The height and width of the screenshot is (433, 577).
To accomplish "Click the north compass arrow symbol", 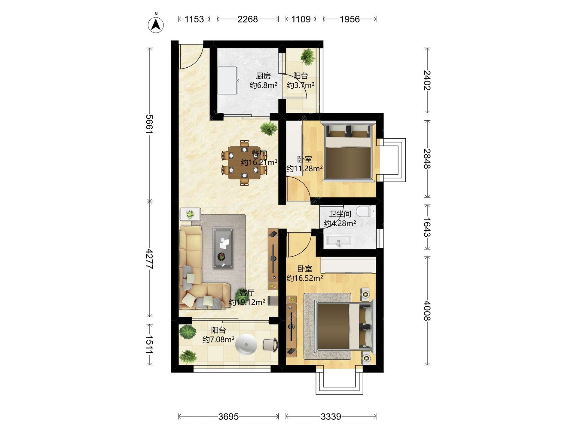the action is click(x=156, y=23).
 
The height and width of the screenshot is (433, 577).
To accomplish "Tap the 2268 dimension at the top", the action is click(x=247, y=19).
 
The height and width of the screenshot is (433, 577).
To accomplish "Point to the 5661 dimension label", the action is click(x=149, y=124).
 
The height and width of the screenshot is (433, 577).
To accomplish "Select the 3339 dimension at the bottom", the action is click(x=331, y=416).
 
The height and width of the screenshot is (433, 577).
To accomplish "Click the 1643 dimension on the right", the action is click(x=427, y=227).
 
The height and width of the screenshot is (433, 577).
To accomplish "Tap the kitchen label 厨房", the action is click(x=263, y=76).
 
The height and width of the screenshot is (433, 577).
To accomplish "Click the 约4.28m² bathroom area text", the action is click(x=340, y=223).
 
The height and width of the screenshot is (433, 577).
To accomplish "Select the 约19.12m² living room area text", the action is click(x=247, y=302).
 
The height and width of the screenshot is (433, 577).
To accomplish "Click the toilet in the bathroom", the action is click(x=366, y=211).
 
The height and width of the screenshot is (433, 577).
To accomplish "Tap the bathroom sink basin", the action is click(x=339, y=241).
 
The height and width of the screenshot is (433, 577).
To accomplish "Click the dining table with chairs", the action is click(x=244, y=163).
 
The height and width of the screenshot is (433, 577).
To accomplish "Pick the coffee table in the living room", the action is click(x=223, y=248).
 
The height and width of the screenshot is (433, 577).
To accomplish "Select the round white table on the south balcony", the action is click(x=246, y=344).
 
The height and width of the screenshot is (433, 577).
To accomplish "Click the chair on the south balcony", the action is click(x=270, y=345).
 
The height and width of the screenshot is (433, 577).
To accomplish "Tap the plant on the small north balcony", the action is click(x=307, y=57).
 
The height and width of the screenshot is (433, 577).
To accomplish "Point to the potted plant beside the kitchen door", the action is click(x=269, y=128).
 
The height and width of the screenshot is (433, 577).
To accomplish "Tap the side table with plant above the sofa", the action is click(x=190, y=214).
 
